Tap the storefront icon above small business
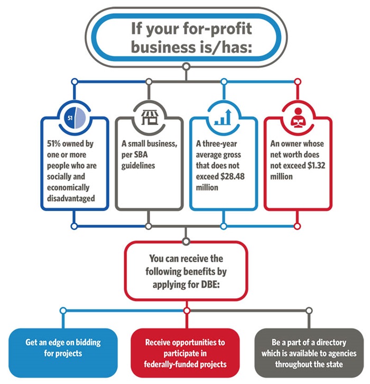[149, 117]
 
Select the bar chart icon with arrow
[223, 117]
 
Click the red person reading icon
[298, 117]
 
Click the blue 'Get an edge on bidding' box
[63, 348]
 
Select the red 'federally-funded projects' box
[185, 353]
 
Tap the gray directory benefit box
[307, 353]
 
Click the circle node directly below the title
[186, 66]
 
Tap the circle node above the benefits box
[186, 242]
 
